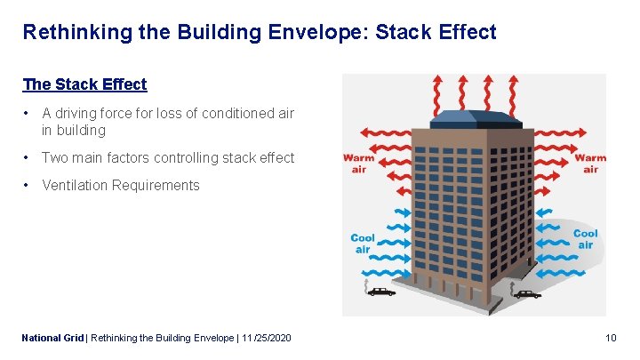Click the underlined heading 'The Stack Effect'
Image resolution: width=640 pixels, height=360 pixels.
pos(84,84)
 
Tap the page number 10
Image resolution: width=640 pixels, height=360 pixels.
pos(610,338)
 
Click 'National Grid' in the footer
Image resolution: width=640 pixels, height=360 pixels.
pos(52,338)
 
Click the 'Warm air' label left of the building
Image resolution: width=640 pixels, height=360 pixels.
pos(358,164)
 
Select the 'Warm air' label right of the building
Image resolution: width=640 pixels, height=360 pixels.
pos(590,164)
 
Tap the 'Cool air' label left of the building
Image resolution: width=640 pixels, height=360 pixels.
pos(363,244)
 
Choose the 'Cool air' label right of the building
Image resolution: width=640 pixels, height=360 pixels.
pos(585,239)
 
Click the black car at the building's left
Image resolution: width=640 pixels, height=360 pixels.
pos(381,291)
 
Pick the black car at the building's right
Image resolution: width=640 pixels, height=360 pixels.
pos(526,293)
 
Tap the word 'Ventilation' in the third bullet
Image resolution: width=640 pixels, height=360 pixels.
pos(76,185)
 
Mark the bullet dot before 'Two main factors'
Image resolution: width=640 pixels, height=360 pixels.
pos(28,157)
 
